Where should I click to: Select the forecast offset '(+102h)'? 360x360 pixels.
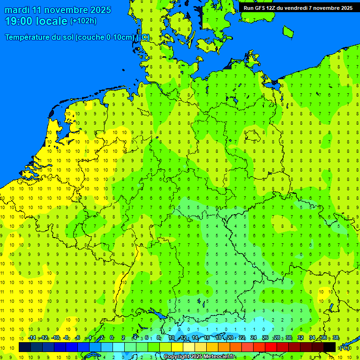[83, 21]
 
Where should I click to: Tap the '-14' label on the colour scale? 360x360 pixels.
[32, 338]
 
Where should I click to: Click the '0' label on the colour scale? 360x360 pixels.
[112, 338]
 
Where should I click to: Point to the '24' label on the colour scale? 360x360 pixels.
[253, 338]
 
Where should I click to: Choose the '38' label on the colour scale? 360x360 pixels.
[336, 338]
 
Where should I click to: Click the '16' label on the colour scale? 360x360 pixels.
[206, 338]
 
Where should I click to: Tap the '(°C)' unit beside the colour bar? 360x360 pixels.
[345, 348]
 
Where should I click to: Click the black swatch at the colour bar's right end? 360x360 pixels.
[330, 347]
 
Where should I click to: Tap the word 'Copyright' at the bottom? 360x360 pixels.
[177, 357]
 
